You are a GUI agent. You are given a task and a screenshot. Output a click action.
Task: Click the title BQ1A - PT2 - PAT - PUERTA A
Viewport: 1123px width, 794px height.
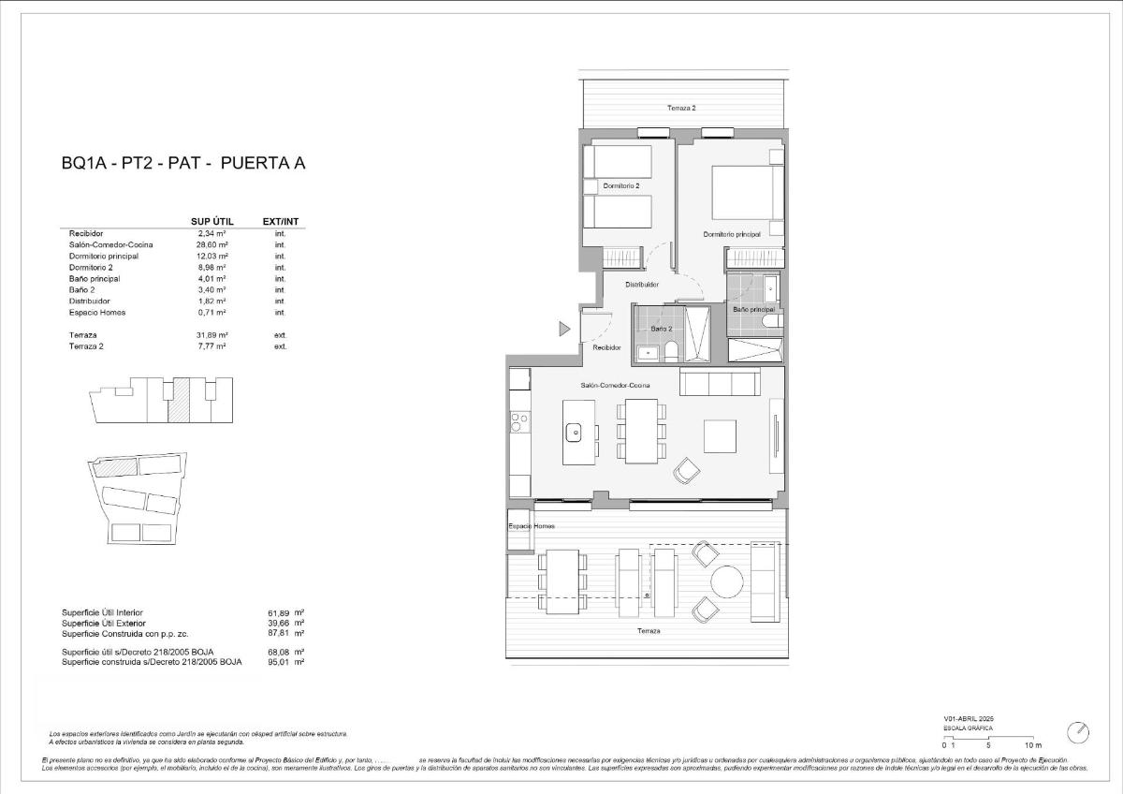(x=183, y=164)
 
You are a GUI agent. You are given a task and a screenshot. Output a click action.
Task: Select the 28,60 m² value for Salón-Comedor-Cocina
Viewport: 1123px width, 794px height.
(x=212, y=244)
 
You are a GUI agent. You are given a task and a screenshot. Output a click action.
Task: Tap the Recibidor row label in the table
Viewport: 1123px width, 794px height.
(x=86, y=233)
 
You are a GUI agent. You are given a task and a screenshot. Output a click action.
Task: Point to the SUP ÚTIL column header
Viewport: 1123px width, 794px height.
(x=211, y=221)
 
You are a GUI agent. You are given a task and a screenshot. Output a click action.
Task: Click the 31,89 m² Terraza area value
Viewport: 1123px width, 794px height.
(x=212, y=334)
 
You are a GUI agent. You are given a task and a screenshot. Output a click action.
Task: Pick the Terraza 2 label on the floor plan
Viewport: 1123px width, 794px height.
(x=681, y=108)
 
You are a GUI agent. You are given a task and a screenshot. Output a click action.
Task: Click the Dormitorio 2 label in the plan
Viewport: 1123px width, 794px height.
(x=621, y=186)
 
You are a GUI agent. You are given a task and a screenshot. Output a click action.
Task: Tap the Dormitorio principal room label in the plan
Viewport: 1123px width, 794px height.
(x=732, y=234)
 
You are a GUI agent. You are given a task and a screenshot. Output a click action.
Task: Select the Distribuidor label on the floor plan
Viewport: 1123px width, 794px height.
(x=642, y=285)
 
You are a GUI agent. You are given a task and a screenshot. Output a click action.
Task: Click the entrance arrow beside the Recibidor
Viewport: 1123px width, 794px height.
(x=564, y=329)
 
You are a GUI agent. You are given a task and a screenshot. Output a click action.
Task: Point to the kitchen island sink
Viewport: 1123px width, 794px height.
(x=574, y=432)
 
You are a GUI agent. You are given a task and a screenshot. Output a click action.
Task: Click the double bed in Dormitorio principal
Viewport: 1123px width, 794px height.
(x=746, y=192)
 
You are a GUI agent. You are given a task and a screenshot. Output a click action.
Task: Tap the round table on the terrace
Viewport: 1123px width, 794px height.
(x=726, y=582)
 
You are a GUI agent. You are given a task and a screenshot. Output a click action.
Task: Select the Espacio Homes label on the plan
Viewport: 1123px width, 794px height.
(x=532, y=526)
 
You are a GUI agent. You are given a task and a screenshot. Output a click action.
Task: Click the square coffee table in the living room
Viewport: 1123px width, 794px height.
(x=721, y=435)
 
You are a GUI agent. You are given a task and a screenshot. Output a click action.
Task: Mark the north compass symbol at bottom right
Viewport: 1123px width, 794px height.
(x=1078, y=731)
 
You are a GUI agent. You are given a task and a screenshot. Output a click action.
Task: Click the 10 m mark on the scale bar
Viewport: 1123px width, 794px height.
(x=1033, y=745)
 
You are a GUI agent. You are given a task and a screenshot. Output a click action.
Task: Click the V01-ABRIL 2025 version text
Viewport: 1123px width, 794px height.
(x=967, y=719)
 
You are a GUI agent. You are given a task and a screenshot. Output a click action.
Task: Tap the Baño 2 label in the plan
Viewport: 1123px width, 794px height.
(x=662, y=329)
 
